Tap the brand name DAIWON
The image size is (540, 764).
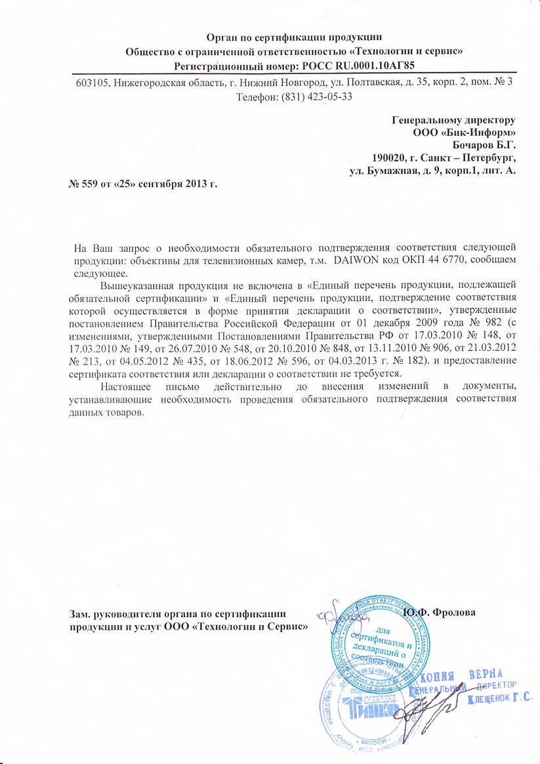coord(358,261)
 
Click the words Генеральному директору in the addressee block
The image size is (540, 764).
coord(453,120)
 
